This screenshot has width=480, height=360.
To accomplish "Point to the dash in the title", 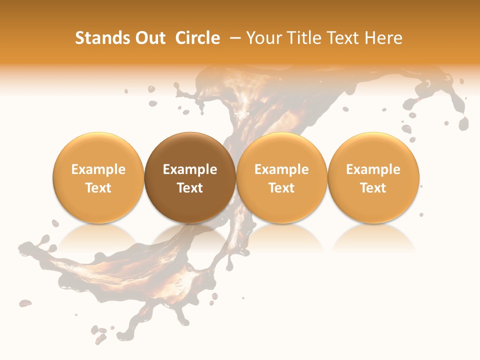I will click(236, 38).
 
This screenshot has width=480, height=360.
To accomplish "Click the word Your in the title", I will click(264, 38).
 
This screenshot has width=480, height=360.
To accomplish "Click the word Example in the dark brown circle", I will click(190, 169).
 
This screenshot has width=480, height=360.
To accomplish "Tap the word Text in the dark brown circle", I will click(190, 188).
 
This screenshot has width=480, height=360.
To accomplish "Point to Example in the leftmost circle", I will click(98, 169).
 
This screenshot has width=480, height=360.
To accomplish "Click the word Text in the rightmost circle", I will click(373, 188).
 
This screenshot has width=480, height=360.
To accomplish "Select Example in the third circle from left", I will click(281, 169).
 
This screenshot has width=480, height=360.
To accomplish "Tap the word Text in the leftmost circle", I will click(98, 188).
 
